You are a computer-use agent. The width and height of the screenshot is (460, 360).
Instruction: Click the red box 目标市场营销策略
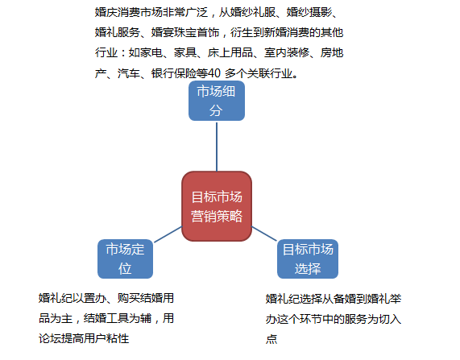tap(217, 206)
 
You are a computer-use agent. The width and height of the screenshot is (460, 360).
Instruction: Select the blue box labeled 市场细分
tap(217, 101)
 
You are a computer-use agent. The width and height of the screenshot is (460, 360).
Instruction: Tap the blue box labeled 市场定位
tap(125, 259)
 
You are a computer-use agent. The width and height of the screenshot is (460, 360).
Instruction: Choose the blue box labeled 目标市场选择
tap(308, 259)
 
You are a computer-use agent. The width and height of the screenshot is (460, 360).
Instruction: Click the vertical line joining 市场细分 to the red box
tap(217, 147)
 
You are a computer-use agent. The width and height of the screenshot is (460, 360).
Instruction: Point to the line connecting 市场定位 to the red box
tap(168, 234)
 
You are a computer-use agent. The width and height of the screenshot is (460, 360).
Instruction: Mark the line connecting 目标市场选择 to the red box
tap(264, 234)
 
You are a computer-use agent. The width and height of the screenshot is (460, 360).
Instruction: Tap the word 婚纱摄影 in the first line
tap(309, 12)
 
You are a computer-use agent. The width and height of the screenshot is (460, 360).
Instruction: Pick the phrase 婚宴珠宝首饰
tap(185, 32)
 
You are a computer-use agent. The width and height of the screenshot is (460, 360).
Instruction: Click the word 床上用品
tap(230, 53)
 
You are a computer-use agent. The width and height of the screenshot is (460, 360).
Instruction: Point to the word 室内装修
tap(287, 53)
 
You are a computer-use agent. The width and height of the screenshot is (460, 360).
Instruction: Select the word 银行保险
tap(174, 73)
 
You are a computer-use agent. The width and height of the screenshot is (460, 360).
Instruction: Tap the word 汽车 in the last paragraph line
tap(129, 73)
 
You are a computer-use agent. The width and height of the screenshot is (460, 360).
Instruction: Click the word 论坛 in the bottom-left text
tap(50, 338)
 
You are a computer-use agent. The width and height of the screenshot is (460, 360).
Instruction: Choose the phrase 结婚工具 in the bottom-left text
tap(106, 318)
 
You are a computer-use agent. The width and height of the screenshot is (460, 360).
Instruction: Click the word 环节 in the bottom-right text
tap(311, 319)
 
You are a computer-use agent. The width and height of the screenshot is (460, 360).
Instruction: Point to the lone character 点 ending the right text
tap(271, 339)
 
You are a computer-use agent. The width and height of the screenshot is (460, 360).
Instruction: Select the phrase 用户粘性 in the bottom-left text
tap(106, 338)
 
